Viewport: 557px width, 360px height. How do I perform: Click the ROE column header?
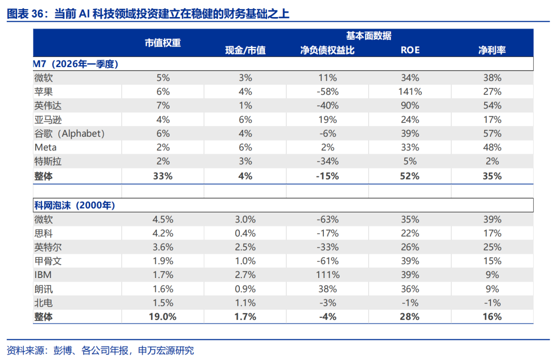tap(410, 50)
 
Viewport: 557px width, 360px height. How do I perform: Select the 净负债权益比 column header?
tap(327, 50)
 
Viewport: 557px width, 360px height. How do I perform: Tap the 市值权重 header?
tap(162, 43)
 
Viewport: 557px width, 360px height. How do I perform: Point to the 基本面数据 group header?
tap(369, 36)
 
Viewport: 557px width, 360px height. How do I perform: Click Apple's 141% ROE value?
tap(410, 92)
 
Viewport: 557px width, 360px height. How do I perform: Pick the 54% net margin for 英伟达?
tap(492, 106)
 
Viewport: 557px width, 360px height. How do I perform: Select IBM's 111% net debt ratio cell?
tap(327, 275)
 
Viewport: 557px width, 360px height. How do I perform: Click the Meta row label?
tap(45, 147)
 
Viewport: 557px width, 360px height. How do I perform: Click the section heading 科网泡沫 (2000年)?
tap(75, 205)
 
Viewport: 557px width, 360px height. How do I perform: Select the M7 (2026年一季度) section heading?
tap(75, 64)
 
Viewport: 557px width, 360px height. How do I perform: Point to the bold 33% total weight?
tap(162, 176)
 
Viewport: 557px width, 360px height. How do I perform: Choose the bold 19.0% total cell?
tap(162, 317)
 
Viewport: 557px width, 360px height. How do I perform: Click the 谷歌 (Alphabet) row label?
tap(70, 134)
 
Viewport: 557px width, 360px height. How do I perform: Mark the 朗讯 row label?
tap(43, 289)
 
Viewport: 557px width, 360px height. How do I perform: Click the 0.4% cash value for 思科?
tap(245, 233)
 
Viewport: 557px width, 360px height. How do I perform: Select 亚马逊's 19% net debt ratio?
tap(327, 120)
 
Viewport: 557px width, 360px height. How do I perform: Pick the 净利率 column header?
tap(492, 50)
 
